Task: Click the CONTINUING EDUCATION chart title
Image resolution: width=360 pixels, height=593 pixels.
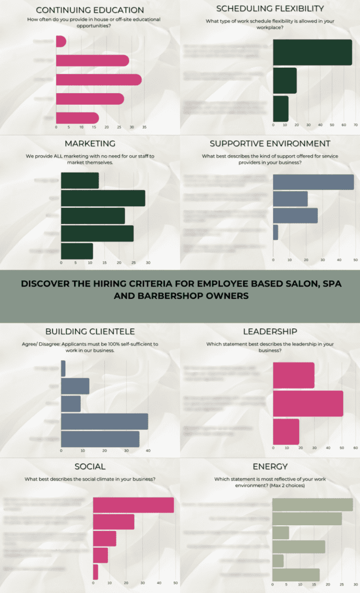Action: (90, 10)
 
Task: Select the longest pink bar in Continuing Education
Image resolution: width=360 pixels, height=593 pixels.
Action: (98, 80)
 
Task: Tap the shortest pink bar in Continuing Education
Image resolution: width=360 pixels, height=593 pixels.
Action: (61, 42)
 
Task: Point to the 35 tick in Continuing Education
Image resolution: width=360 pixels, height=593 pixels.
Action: (145, 127)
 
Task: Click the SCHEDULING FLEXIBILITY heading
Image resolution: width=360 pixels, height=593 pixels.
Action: (270, 9)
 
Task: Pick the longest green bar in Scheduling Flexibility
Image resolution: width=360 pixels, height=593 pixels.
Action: (312, 53)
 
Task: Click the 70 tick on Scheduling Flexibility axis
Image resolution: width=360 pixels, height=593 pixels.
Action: (355, 125)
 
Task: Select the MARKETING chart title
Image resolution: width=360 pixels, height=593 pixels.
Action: (90, 143)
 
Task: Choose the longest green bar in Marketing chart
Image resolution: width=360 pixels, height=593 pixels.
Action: (103, 198)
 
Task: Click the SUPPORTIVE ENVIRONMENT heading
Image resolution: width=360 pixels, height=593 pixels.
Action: (270, 143)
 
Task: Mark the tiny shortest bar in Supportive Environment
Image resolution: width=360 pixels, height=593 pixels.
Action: (275, 232)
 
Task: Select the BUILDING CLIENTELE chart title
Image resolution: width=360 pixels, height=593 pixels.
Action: (90, 331)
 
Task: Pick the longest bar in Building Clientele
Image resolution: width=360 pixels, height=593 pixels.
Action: (104, 421)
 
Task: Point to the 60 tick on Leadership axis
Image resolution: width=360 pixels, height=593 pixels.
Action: (355, 447)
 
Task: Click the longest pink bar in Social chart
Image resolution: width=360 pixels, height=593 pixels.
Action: (133, 504)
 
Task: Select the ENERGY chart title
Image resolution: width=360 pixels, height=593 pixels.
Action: (270, 466)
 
